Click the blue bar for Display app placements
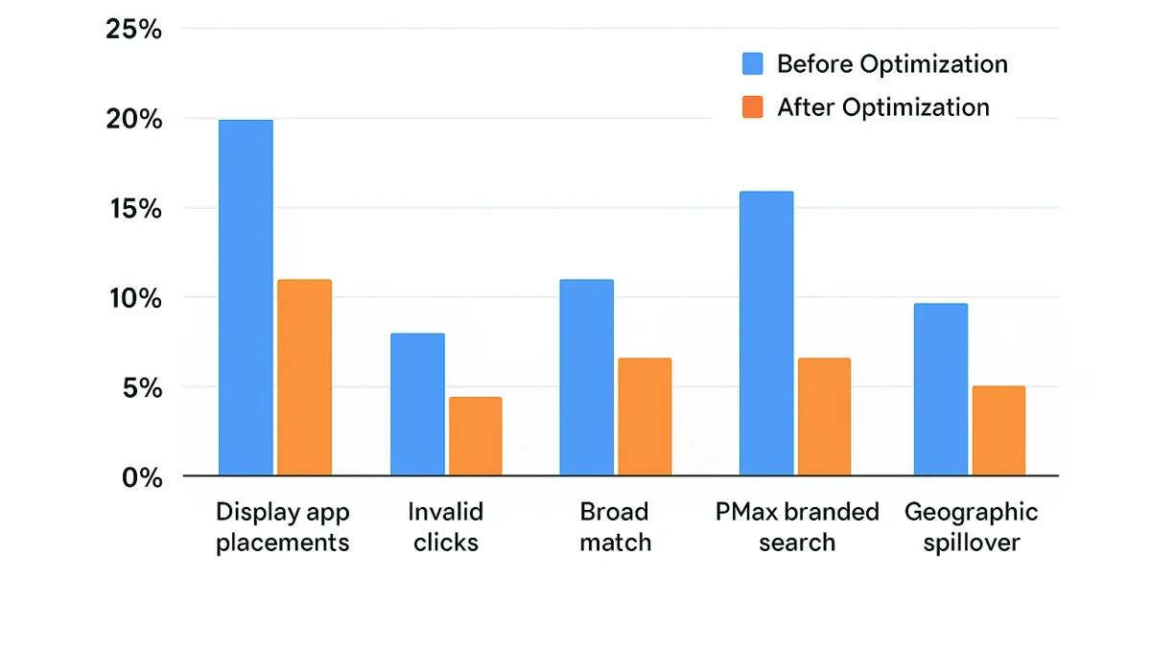[x=246, y=297]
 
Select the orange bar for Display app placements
[x=304, y=378]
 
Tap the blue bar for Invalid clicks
[x=417, y=404]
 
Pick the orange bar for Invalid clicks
[x=475, y=436]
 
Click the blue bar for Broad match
[x=586, y=378]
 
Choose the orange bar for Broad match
[x=645, y=417]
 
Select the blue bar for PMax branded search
[x=766, y=334]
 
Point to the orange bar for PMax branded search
[x=824, y=417]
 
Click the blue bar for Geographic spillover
[x=940, y=389]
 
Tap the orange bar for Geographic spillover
[x=998, y=430]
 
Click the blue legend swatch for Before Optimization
[x=753, y=64]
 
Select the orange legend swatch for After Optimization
[x=753, y=107]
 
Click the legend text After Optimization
[x=882, y=107]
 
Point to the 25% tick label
[x=134, y=30]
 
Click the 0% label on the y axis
[x=142, y=477]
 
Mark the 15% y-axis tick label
[x=134, y=209]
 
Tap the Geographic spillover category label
[x=971, y=527]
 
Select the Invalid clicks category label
[x=446, y=527]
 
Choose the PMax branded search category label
[x=797, y=527]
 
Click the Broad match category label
[x=615, y=527]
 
